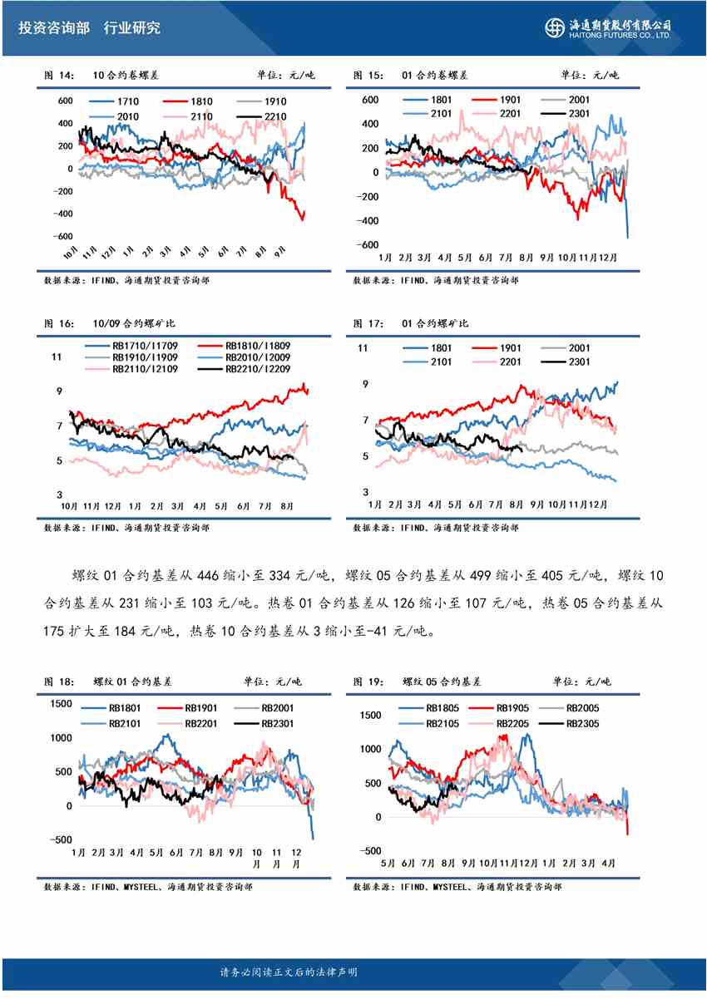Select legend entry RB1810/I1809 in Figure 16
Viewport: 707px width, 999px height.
coord(257,346)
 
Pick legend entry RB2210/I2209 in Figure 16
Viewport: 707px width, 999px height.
coord(257,367)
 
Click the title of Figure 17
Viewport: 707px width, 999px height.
coord(433,323)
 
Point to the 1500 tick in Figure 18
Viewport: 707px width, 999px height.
coord(62,704)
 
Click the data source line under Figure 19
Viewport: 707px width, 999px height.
coord(457,887)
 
